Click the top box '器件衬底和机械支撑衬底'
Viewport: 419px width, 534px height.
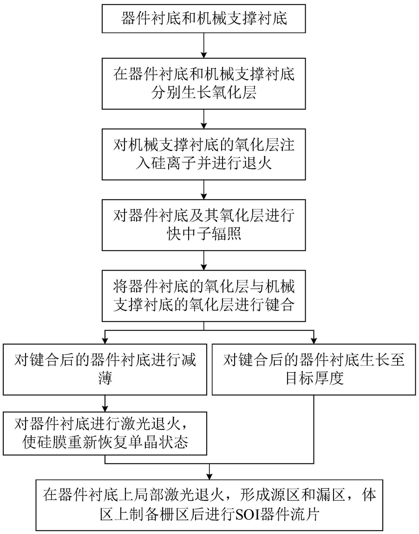tap(204, 19)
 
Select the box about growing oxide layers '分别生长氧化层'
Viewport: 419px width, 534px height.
tap(204, 83)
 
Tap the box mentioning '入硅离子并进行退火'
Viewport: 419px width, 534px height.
tap(204, 154)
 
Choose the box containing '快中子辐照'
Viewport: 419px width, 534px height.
tap(204, 225)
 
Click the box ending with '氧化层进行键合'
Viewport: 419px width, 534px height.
tap(204, 296)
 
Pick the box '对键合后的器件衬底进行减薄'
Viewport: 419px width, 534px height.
tap(105, 369)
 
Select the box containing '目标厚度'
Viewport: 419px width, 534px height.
tap(314, 369)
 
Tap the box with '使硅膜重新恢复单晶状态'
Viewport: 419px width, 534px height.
tap(105, 433)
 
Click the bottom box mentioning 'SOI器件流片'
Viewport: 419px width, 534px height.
tap(209, 505)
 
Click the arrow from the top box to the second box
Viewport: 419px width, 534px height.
tap(204, 45)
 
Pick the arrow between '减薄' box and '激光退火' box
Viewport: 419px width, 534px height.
tap(105, 404)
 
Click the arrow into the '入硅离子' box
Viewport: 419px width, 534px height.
tap(204, 119)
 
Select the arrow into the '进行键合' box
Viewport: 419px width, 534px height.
tap(204, 260)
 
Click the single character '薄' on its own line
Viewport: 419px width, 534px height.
tap(105, 378)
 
